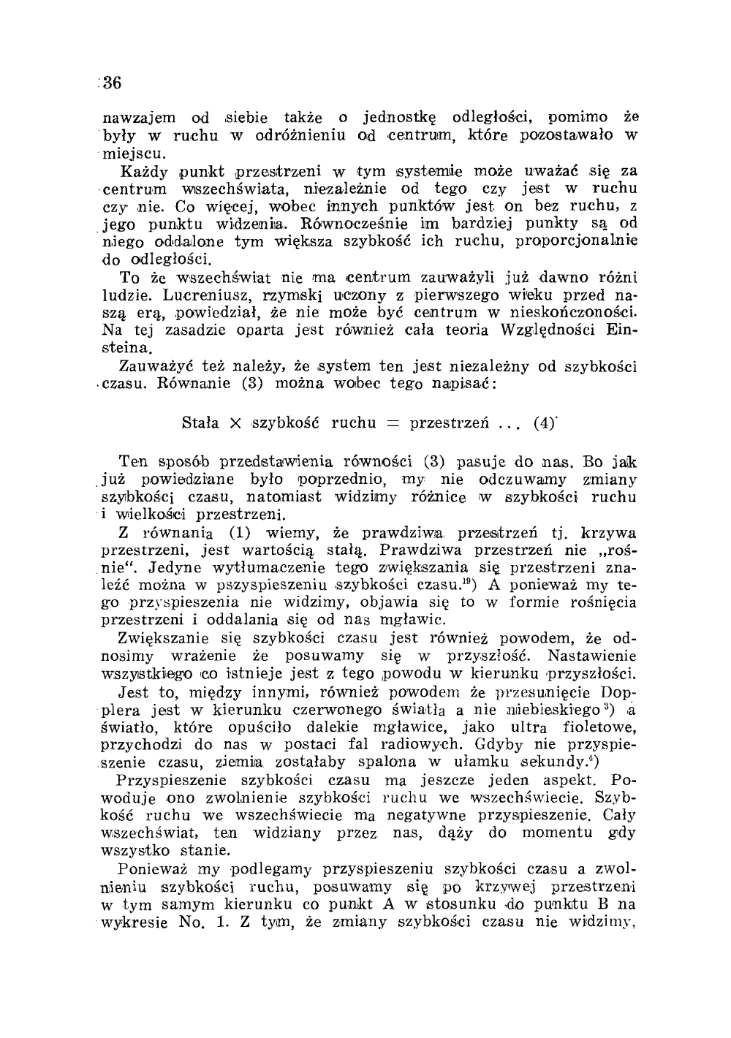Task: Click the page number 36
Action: point(110,83)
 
